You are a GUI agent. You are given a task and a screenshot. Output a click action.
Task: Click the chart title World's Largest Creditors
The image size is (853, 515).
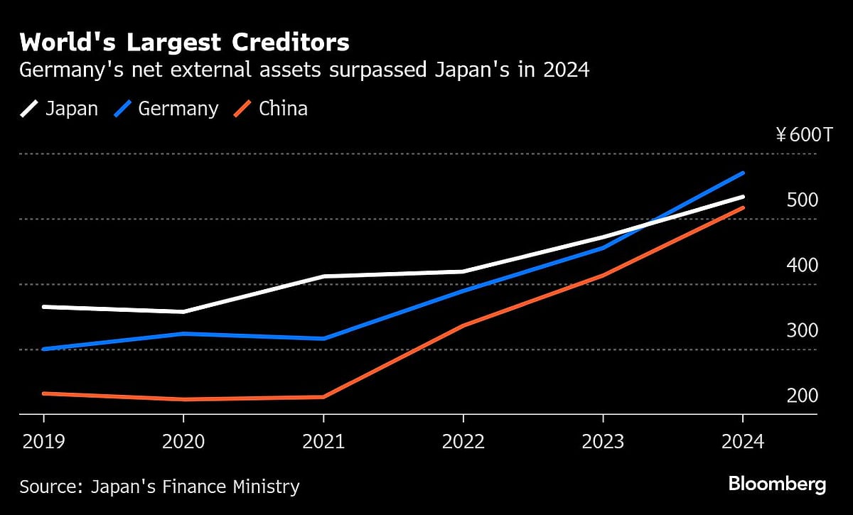(x=184, y=43)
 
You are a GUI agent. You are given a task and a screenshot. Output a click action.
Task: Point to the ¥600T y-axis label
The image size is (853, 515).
(x=803, y=135)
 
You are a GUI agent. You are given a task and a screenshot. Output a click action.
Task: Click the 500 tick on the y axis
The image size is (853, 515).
(x=803, y=200)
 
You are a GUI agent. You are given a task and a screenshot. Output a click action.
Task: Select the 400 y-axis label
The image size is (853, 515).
(x=803, y=266)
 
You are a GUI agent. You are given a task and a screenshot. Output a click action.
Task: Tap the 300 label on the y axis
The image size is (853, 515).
(x=803, y=331)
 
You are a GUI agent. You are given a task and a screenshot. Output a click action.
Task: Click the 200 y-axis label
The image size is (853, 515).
(x=803, y=396)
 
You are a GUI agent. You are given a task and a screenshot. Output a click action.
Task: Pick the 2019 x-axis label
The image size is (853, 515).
(x=43, y=442)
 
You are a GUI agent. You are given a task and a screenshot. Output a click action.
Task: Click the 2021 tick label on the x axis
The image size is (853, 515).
(x=323, y=442)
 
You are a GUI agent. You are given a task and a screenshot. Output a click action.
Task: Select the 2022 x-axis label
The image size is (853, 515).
(x=463, y=442)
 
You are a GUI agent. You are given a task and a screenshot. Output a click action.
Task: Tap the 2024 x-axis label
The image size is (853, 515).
(x=743, y=442)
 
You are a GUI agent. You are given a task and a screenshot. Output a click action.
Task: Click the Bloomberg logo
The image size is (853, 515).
(x=777, y=485)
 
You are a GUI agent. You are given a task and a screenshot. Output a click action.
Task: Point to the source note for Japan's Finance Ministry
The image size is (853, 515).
(x=159, y=487)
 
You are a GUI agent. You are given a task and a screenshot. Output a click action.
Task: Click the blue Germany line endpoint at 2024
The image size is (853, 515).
(x=743, y=173)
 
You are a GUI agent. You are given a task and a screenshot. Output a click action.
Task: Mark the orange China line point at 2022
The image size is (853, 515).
(x=463, y=325)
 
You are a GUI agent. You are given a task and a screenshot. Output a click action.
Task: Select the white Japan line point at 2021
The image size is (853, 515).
(x=323, y=276)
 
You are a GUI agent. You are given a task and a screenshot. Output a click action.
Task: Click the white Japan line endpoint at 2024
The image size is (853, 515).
(x=743, y=197)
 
